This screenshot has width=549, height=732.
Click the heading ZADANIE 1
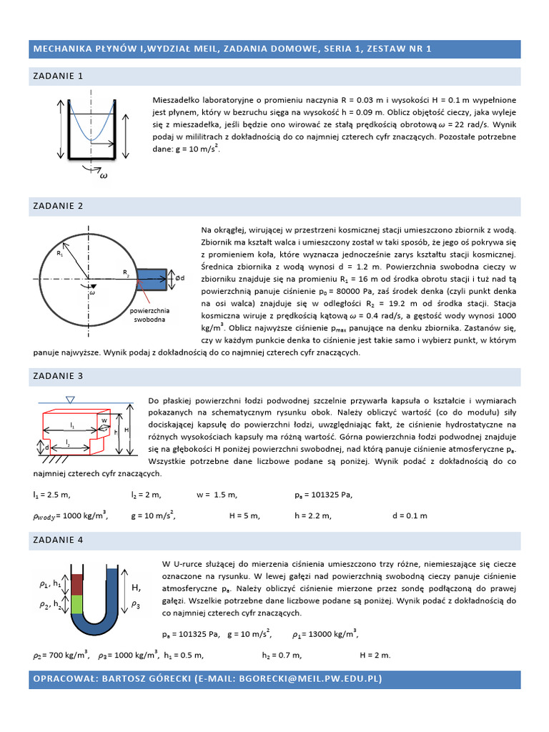[58, 75]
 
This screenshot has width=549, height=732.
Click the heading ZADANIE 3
[58, 375]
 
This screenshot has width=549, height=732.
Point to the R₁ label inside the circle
[60, 253]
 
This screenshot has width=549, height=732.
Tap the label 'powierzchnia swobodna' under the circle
[149, 315]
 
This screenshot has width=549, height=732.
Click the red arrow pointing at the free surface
[143, 292]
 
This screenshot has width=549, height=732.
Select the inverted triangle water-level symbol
[69, 399]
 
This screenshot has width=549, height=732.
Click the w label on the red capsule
[104, 420]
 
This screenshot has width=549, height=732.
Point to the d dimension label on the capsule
[47, 447]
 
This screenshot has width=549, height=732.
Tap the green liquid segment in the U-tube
[79, 603]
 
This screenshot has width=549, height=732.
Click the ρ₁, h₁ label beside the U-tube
[50, 584]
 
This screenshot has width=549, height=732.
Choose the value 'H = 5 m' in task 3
[244, 515]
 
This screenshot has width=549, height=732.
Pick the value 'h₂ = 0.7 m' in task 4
[282, 654]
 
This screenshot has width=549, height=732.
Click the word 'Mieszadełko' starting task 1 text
[177, 101]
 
